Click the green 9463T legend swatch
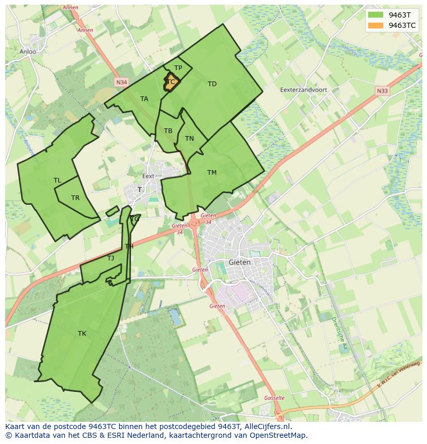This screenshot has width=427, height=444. coord(376,15)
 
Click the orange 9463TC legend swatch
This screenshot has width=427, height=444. coord(376,25)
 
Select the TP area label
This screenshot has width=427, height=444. coord(178,68)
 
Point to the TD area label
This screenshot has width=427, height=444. coord(212,84)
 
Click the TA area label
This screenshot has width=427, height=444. coord(144,99)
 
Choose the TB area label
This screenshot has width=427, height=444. coord(168,131)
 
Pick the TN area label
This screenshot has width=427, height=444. coord(189,139)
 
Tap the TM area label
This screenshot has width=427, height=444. coord(212,173)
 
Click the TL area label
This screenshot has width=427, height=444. coord(57,180)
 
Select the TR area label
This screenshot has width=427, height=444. coord(75,198)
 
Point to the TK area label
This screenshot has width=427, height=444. coord(82,334)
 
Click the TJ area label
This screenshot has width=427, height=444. coord(110,258)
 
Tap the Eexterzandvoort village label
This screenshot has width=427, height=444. coord(304,90)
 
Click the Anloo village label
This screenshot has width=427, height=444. coord(28,52)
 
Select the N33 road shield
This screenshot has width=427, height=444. coord(382,91)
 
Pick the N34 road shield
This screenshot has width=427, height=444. coord(121,82)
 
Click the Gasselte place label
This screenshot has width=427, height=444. coord(274,398)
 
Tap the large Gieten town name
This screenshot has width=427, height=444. coord(240,262)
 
